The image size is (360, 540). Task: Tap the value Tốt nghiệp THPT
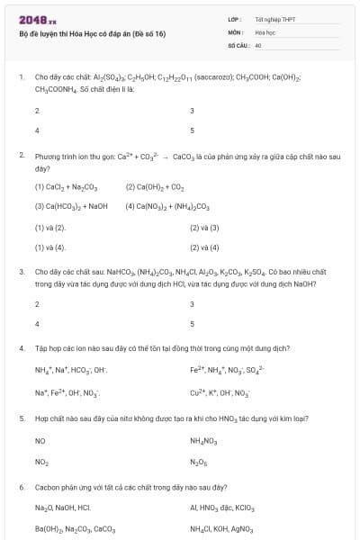[275, 18]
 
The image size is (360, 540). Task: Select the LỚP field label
[235, 18]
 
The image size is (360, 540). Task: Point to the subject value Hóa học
[265, 31]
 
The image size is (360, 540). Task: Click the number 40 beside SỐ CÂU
[258, 43]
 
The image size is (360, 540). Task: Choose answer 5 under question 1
[193, 130]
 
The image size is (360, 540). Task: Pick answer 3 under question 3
[193, 304]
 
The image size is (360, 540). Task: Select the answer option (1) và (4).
[50, 247]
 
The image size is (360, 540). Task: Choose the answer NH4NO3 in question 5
[204, 441]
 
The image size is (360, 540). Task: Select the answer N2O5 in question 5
[198, 462]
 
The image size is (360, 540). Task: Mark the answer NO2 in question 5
[41, 462]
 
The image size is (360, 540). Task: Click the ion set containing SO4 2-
[228, 370]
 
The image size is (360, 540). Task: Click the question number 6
[22, 487]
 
